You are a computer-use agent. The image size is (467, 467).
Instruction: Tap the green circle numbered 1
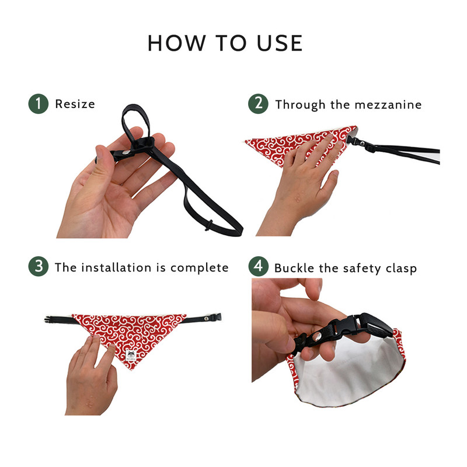click(39, 104)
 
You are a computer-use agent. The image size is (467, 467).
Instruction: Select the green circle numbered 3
click(39, 267)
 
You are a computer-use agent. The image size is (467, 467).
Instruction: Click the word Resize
click(75, 104)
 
